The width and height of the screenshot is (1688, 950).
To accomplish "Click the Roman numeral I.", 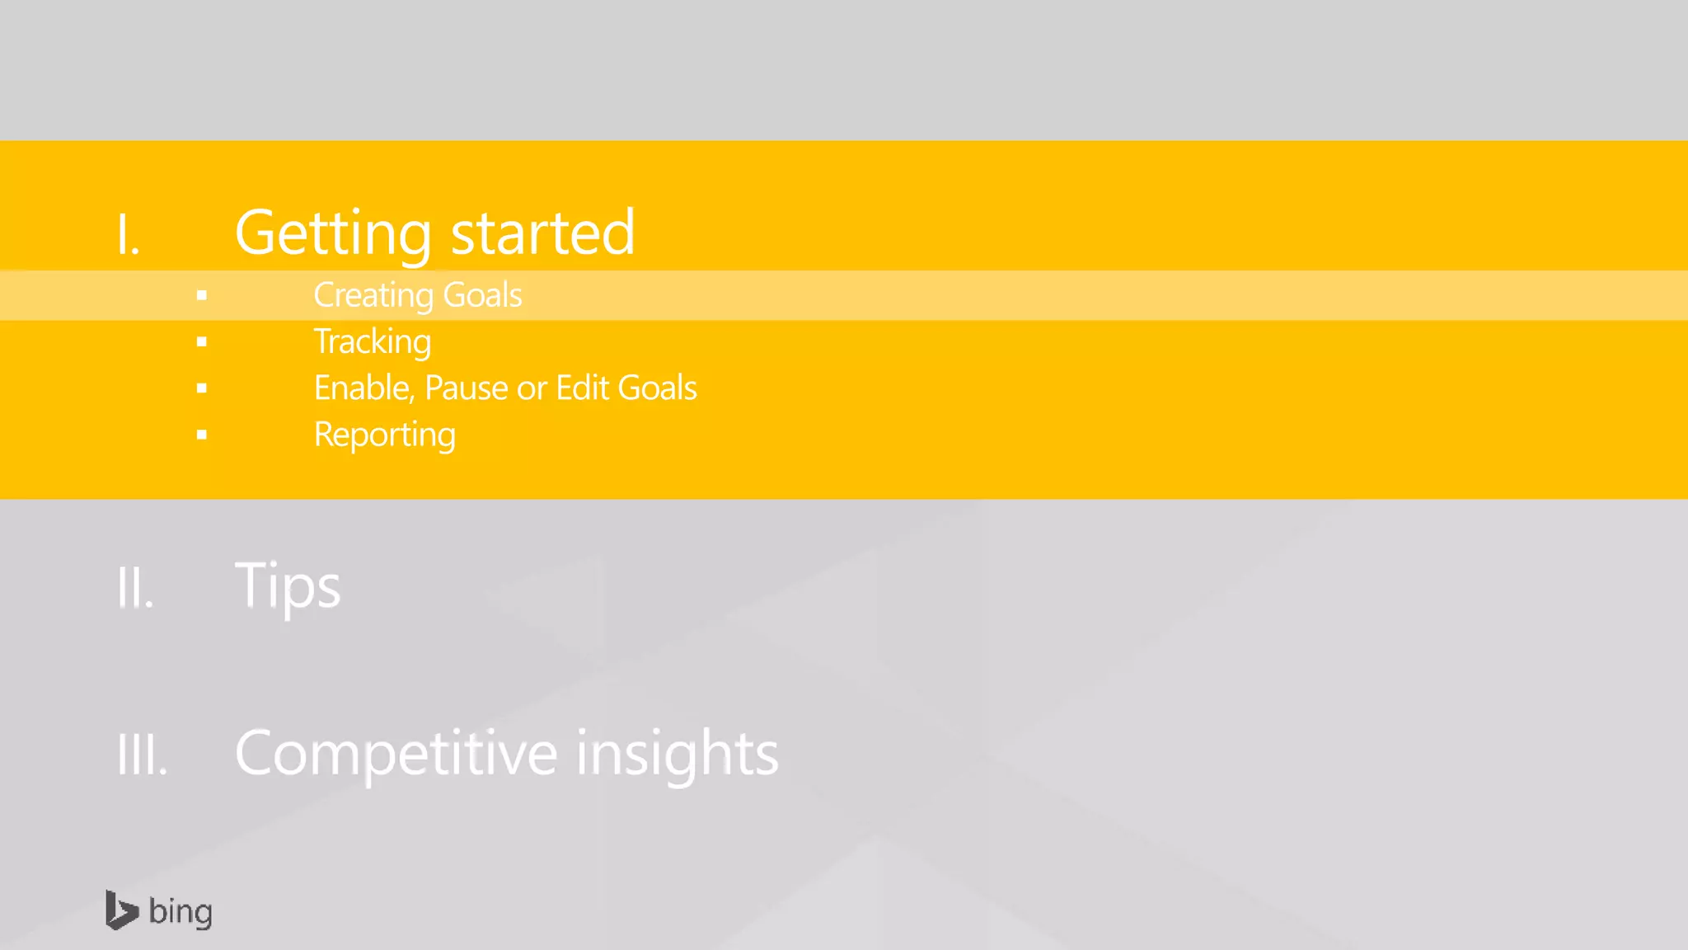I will click(x=127, y=234).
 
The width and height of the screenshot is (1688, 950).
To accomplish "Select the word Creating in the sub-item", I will click(x=373, y=295).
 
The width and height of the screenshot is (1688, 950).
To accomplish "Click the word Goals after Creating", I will click(x=482, y=295).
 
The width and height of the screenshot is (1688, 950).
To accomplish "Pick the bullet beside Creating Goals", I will click(x=202, y=295).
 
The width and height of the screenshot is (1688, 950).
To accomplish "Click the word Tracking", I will click(x=373, y=342).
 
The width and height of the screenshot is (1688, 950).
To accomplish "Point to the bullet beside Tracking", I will click(x=202, y=341).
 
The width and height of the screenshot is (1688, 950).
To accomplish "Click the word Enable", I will click(x=363, y=388).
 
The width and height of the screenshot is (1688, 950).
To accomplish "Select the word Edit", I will click(x=582, y=388).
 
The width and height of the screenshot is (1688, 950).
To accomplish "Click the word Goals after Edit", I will click(x=657, y=388).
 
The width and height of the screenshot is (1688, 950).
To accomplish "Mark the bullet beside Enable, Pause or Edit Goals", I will click(x=202, y=388).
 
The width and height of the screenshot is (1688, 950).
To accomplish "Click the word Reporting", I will click(x=384, y=435).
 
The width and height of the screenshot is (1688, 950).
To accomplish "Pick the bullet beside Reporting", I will click(x=202, y=435).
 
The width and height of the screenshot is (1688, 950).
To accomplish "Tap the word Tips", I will click(x=288, y=586).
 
